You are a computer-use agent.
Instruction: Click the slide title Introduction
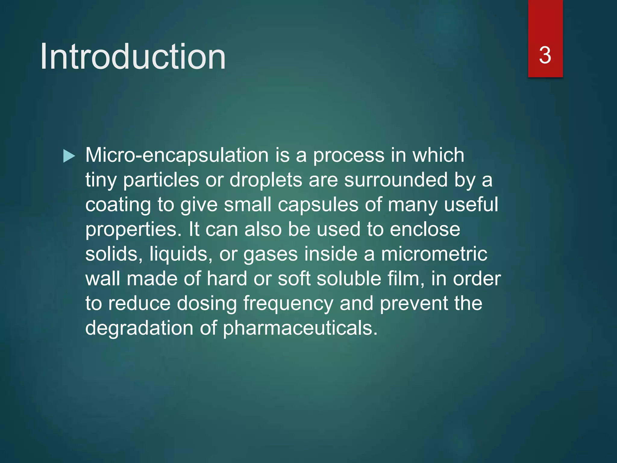133,57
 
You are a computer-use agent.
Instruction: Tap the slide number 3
545,55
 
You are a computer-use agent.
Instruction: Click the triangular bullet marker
69,156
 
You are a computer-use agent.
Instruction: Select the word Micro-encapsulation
177,156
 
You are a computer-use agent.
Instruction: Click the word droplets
266,180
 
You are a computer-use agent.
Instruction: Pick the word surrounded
396,180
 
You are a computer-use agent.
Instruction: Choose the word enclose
425,230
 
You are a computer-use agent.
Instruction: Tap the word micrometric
434,254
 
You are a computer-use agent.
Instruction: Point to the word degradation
139,329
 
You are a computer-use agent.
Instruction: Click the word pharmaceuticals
300,329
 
